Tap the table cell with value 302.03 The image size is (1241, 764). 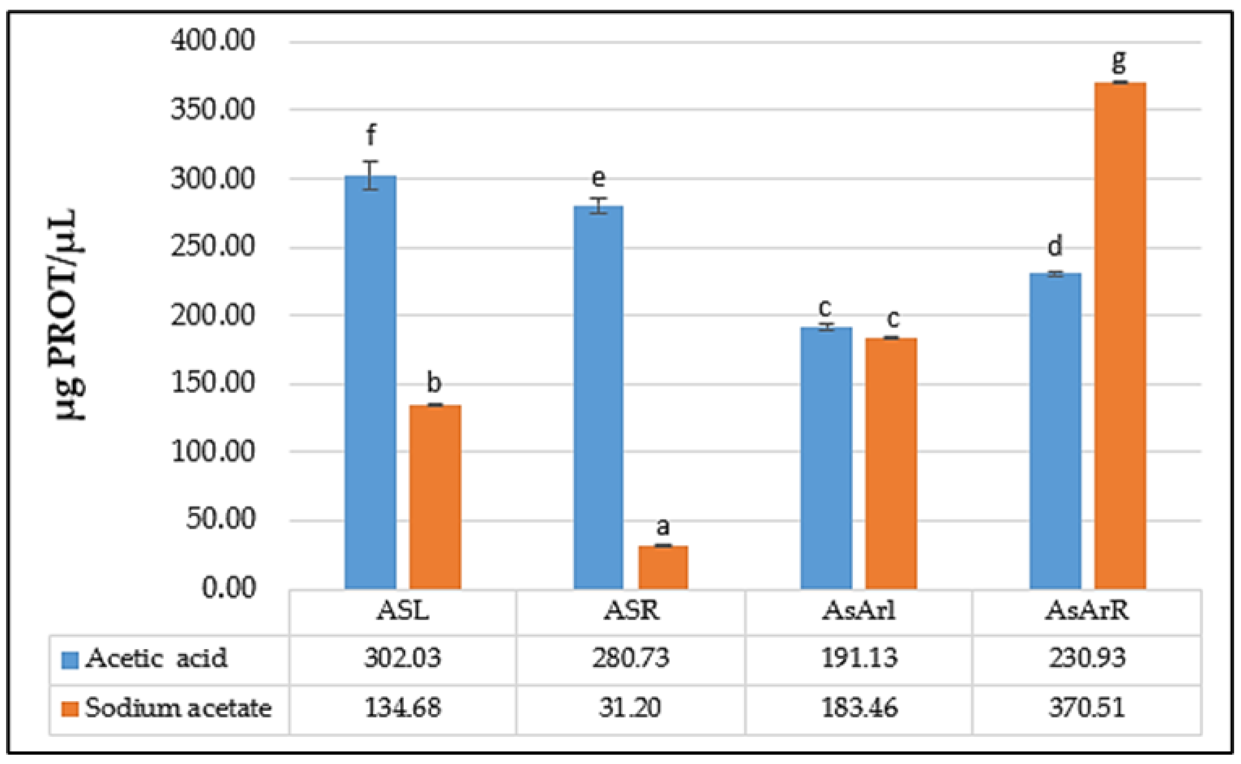(402, 659)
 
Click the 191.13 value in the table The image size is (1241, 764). (859, 659)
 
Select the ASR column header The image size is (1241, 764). (631, 612)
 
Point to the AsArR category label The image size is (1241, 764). (1087, 612)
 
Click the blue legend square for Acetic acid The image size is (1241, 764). (70, 660)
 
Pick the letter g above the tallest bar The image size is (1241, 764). (1119, 62)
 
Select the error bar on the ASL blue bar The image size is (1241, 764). (370, 175)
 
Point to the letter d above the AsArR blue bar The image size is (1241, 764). (1055, 246)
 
